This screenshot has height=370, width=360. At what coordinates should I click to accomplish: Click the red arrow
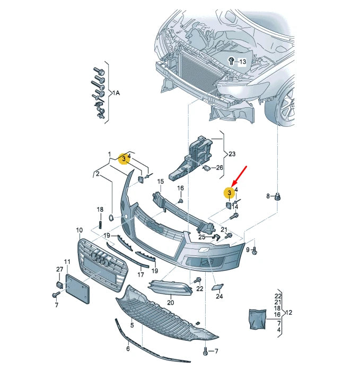(240, 175)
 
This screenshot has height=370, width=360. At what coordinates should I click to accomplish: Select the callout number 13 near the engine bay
(242, 62)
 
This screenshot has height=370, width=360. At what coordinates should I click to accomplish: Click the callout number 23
(232, 154)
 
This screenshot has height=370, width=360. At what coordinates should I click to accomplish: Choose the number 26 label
(220, 168)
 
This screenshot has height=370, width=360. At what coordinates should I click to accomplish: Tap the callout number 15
(160, 182)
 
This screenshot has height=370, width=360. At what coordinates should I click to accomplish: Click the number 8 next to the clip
(268, 196)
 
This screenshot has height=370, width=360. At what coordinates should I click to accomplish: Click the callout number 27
(60, 270)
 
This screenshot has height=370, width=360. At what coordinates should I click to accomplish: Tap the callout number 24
(219, 297)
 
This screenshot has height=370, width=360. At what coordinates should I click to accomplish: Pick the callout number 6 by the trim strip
(128, 349)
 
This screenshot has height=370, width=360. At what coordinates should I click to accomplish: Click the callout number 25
(201, 237)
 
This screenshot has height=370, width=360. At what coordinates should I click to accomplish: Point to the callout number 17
(141, 275)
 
